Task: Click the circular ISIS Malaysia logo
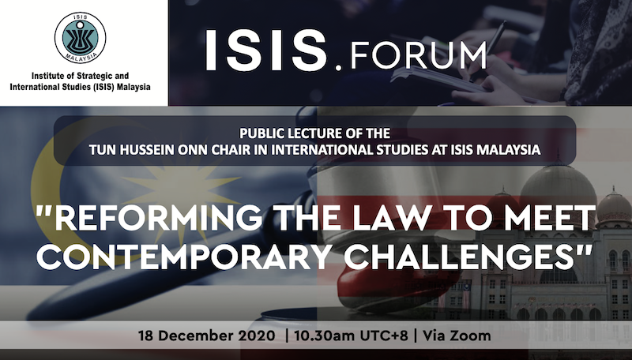pyautogui.click(x=81, y=38)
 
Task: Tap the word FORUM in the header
pyautogui.click(x=419, y=55)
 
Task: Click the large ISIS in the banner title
pyautogui.click(x=266, y=51)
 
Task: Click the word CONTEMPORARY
pyautogui.click(x=184, y=256)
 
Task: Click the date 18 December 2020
pyautogui.click(x=207, y=336)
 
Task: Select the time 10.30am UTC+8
pyautogui.click(x=351, y=336)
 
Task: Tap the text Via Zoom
pyautogui.click(x=457, y=336)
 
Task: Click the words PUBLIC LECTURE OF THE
pyautogui.click(x=314, y=133)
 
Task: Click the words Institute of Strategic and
pyautogui.click(x=81, y=76)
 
